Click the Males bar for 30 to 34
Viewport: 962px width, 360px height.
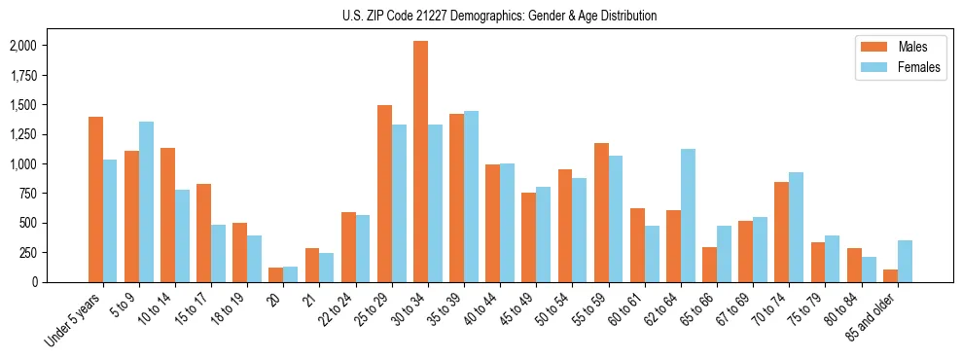pyautogui.click(x=420, y=162)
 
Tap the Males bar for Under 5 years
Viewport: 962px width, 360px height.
pyautogui.click(x=95, y=199)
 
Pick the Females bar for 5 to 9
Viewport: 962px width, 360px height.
pyautogui.click(x=146, y=201)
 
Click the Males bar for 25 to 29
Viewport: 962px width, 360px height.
pyautogui.click(x=384, y=194)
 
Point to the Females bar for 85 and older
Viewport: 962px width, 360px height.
pyautogui.click(x=905, y=261)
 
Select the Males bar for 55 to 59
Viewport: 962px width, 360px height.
pyautogui.click(x=601, y=212)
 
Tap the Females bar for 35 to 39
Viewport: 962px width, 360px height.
pyautogui.click(x=471, y=197)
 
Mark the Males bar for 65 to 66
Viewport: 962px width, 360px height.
pyautogui.click(x=709, y=265)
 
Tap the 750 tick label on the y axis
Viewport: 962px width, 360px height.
pyautogui.click(x=27, y=194)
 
